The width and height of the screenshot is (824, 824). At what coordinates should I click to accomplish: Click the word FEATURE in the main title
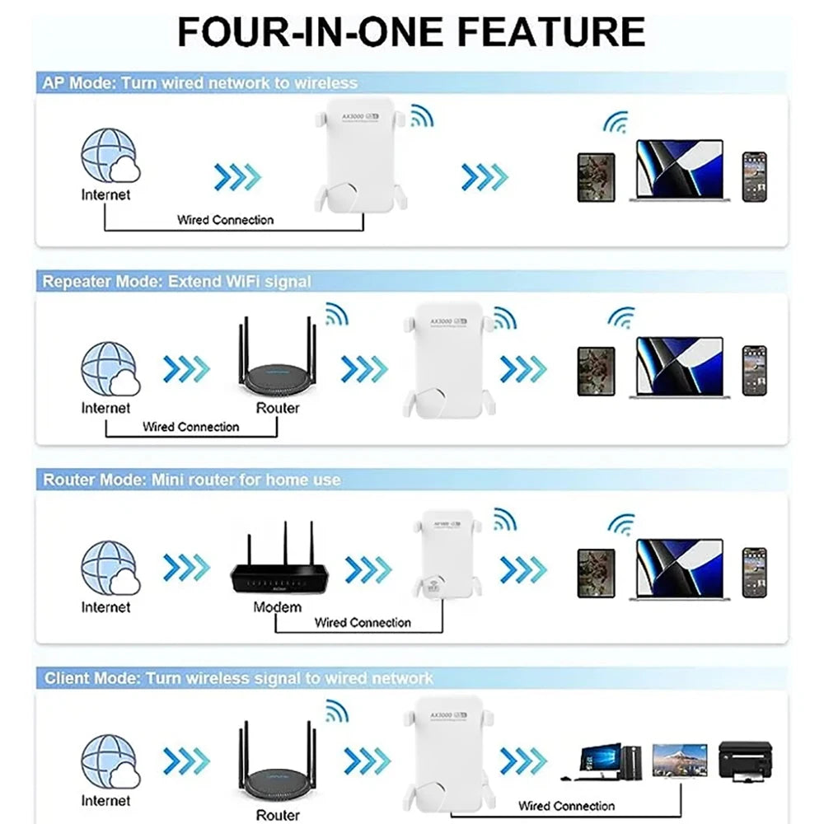[x=551, y=30]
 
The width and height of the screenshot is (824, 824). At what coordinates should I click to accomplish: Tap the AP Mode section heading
[x=200, y=82]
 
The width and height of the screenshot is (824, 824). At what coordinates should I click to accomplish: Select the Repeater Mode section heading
[x=177, y=282]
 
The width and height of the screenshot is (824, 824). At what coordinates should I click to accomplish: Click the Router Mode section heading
[x=191, y=480]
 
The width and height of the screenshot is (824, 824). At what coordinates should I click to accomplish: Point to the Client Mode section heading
[x=238, y=678]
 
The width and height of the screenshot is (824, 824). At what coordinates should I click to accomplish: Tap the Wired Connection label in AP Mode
[x=225, y=220]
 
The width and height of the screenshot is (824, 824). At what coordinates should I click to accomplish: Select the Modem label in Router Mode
[x=277, y=607]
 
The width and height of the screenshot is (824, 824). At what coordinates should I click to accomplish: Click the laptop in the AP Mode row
[x=679, y=171]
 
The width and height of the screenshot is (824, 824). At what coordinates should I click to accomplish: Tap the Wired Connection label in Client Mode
[x=566, y=806]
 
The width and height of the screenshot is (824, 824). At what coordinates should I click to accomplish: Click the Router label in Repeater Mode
[x=278, y=408]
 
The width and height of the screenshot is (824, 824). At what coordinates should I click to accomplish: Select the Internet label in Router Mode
[x=105, y=607]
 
